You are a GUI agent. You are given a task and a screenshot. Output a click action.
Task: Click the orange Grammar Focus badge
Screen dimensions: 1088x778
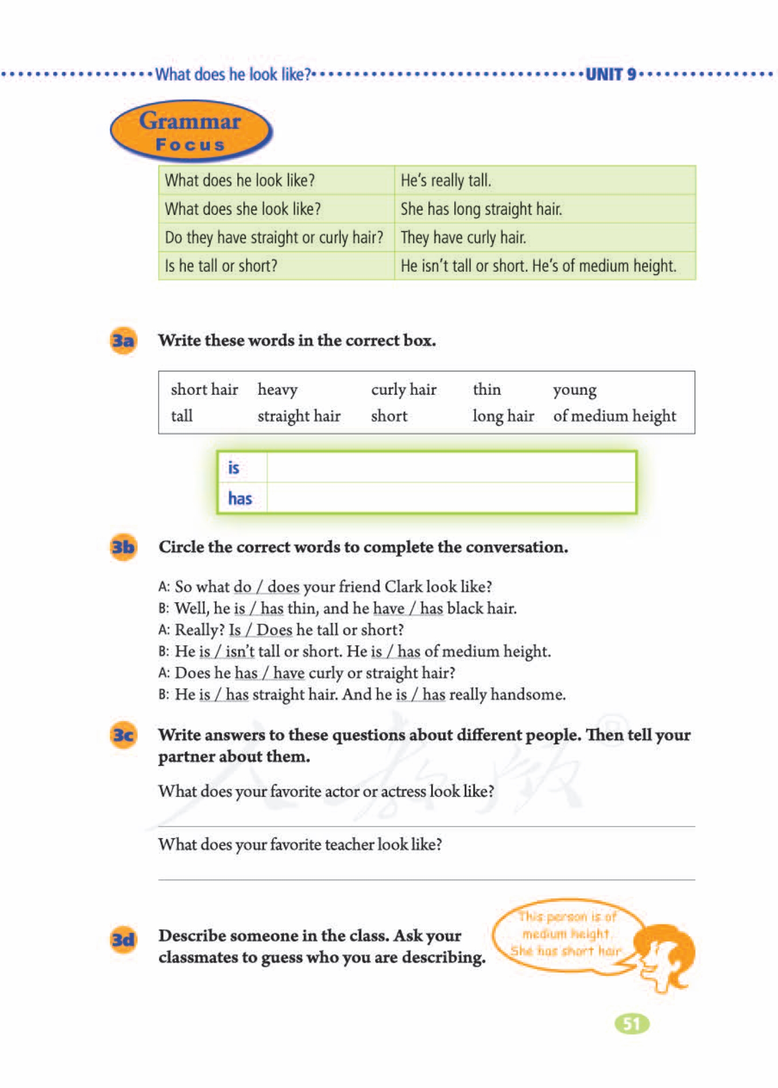[190, 131]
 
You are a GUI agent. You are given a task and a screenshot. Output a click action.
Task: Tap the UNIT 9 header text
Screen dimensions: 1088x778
[610, 74]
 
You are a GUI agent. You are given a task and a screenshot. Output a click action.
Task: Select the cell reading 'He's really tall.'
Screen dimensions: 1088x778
[445, 180]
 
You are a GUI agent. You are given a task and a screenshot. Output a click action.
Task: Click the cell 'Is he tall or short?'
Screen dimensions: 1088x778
[221, 266]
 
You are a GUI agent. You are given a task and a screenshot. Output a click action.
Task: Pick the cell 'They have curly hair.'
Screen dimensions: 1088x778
[463, 237]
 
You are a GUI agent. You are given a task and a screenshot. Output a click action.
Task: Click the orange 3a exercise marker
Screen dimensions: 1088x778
[123, 341]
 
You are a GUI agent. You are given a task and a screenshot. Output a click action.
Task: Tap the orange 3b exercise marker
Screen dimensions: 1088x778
[123, 547]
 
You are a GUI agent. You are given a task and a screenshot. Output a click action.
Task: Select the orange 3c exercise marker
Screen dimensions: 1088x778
[123, 735]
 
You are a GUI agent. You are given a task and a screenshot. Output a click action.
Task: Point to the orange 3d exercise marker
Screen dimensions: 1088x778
[123, 939]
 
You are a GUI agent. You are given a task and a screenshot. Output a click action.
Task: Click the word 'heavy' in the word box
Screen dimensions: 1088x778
[277, 390]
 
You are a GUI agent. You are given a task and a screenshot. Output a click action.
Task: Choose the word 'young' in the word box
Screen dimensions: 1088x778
[574, 390]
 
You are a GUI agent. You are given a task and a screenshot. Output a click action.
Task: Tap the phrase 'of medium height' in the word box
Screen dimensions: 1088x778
[614, 416]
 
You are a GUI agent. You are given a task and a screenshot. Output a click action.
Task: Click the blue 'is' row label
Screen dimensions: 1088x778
[234, 468]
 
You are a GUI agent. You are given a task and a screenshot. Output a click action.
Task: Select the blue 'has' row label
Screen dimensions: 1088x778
[240, 498]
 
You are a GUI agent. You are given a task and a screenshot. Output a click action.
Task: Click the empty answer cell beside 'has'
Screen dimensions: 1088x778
[451, 498]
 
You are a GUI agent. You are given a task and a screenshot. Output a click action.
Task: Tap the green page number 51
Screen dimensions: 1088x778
[632, 1023]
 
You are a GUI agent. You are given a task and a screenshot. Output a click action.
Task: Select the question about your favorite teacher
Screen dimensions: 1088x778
[300, 845]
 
